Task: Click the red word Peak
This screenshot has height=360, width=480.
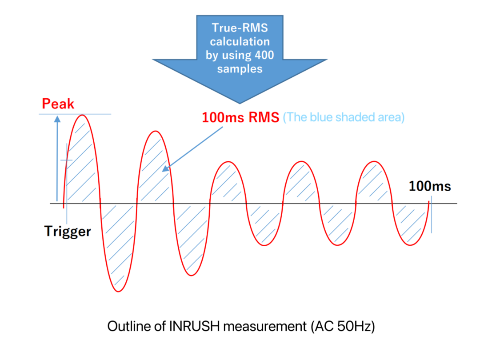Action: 58,104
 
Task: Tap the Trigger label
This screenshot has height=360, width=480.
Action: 68,232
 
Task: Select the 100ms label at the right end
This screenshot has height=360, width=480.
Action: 430,186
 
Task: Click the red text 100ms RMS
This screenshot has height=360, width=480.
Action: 240,117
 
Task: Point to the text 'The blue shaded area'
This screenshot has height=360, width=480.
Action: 344,117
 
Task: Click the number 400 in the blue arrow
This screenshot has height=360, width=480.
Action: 264,55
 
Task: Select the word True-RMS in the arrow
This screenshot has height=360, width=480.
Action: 240,28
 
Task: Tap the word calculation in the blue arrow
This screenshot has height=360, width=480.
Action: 240,41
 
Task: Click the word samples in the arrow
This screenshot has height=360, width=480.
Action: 240,68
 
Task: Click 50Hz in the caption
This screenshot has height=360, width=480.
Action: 354,326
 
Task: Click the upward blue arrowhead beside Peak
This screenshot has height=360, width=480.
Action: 57,119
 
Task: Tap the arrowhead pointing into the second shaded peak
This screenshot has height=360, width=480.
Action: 165,168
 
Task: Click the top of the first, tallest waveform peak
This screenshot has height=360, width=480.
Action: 82,115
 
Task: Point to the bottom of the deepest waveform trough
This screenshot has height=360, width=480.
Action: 119,292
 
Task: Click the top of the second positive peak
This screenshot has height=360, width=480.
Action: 156,131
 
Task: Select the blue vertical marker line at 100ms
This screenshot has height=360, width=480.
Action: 432,215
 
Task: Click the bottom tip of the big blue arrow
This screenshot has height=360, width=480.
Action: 240,104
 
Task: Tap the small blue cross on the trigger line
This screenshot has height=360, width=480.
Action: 66,160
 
